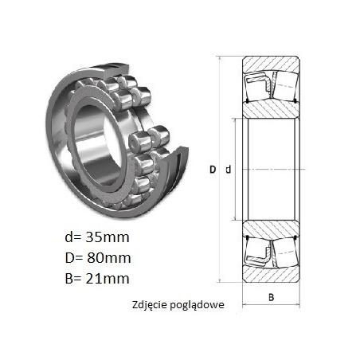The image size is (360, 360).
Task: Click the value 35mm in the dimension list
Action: [x=108, y=237]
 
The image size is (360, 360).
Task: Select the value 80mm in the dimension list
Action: [x=109, y=258]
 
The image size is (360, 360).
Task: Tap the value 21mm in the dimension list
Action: [x=108, y=279]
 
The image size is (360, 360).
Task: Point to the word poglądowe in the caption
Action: [x=197, y=305]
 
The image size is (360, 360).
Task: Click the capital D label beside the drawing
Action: [x=213, y=170]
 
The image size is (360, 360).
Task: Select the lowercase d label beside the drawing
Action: [x=229, y=169]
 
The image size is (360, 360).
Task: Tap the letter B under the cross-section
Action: [x=271, y=297]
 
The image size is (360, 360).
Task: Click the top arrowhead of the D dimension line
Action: [x=220, y=59]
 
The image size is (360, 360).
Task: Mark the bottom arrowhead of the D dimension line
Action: [x=220, y=280]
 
